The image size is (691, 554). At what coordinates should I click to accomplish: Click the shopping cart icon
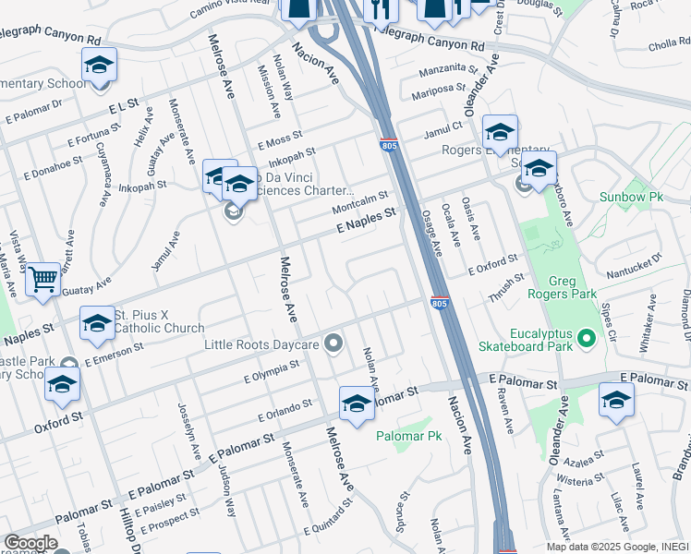pos(43,279)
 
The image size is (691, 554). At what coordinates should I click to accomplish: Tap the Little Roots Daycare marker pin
pos(334,344)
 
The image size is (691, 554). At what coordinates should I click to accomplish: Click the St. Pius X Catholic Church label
pos(159,321)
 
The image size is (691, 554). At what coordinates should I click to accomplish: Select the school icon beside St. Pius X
pos(97,323)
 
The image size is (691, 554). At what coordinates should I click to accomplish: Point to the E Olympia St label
pos(272,371)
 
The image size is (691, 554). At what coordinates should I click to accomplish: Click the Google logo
pos(30,543)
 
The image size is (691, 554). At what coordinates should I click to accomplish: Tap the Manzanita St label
pos(447,69)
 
